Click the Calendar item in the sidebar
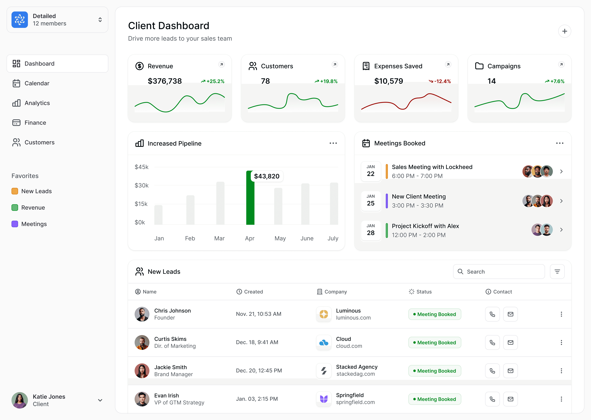pyautogui.click(x=37, y=83)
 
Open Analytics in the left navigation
pyautogui.click(x=37, y=103)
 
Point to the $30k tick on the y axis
pyautogui.click(x=142, y=185)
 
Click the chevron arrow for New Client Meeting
pyautogui.click(x=561, y=201)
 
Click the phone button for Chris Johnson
pyautogui.click(x=492, y=314)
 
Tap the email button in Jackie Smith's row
pyautogui.click(x=510, y=371)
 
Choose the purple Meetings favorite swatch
pyautogui.click(x=15, y=224)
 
